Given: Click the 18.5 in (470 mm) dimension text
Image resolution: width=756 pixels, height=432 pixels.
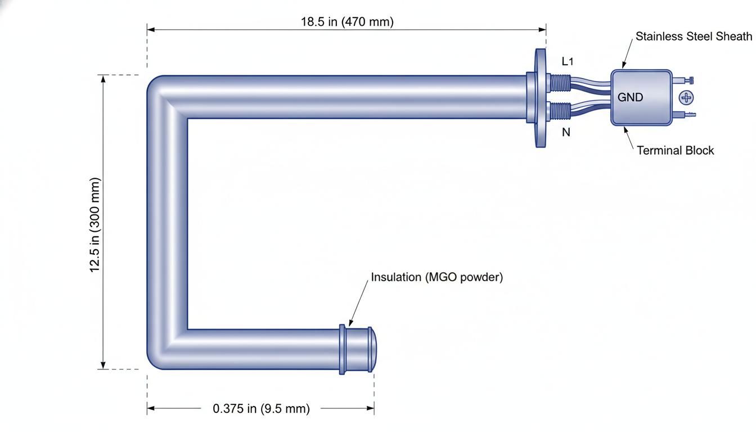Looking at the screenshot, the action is coord(347,22).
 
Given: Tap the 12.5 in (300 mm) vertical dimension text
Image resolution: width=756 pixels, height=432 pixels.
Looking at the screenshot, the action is coord(95,225).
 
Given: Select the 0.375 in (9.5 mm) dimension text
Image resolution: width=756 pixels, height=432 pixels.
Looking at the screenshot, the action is coord(261,409).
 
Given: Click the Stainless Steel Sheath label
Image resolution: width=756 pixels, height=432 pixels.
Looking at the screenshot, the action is coord(694,36).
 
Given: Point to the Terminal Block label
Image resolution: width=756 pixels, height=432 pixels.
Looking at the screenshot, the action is coord(676,150).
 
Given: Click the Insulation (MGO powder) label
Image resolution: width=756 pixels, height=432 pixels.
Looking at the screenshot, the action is coord(437,277).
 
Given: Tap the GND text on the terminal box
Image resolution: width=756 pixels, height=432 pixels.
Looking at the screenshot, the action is coord(630,97).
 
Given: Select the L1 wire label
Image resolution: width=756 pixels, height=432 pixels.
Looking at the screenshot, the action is coord(568,61).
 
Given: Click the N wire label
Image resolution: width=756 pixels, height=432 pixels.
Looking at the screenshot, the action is coord(566,132).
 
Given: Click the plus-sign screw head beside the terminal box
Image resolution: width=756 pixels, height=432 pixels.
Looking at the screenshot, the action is coord(686,98).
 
